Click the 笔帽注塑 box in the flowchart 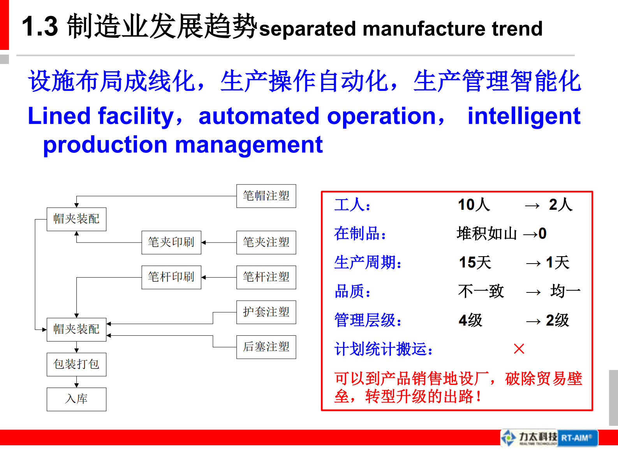click(x=266, y=196)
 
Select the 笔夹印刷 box click(x=171, y=242)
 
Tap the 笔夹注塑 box click(x=266, y=242)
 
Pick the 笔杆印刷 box click(x=171, y=277)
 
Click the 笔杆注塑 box click(x=266, y=277)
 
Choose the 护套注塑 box click(x=266, y=312)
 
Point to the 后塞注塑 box click(x=266, y=347)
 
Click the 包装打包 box click(x=76, y=364)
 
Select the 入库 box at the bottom click(x=76, y=399)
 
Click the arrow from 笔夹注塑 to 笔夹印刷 click(x=218, y=243)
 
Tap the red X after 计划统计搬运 click(x=519, y=349)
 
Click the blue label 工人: click(x=352, y=205)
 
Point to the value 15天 click(x=475, y=262)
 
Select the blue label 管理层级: click(x=368, y=321)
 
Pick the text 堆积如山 click(x=486, y=234)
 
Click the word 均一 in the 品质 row click(x=565, y=291)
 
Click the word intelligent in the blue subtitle click(x=524, y=116)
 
